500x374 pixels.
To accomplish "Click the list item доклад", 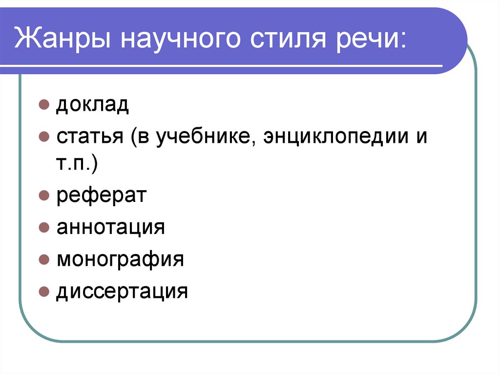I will (x=92, y=105).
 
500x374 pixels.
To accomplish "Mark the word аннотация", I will (x=111, y=227).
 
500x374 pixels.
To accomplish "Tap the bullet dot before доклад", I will (x=43, y=105).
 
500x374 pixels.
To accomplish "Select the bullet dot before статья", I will (x=43, y=137).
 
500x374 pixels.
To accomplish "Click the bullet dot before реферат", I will (x=43, y=197).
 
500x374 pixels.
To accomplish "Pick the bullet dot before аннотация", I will (x=43, y=228).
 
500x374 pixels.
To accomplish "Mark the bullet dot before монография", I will (x=43, y=259).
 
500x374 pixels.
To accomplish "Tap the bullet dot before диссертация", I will (x=43, y=291).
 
